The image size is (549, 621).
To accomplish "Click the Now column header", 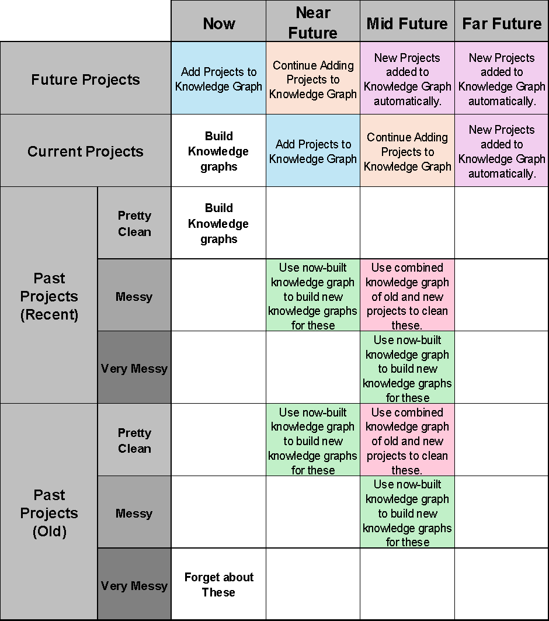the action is tap(218, 23).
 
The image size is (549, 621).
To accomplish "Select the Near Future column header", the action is tap(312, 22).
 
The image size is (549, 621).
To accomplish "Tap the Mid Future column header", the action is tap(407, 23).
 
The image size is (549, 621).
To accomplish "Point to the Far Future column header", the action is tap(502, 23).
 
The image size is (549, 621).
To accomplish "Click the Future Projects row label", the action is tap(85, 79).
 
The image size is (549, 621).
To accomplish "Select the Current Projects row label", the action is tap(85, 151).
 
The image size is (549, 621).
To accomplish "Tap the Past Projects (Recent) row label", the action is tap(49, 296).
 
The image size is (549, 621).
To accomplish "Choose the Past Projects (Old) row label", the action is tap(49, 512).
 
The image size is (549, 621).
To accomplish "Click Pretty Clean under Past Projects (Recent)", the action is tap(134, 223).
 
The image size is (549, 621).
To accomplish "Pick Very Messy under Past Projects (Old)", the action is tap(134, 585).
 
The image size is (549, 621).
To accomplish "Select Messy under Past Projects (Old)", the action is tap(134, 513).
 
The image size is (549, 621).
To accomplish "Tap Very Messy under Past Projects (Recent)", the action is tap(134, 368).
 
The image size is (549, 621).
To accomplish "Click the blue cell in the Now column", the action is tap(218, 79).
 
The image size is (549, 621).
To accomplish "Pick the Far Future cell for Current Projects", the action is tap(502, 151).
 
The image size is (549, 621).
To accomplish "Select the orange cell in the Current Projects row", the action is tap(407, 151).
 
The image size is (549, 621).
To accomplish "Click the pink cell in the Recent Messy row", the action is tap(407, 296).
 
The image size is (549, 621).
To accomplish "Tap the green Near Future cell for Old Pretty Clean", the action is tap(312, 440).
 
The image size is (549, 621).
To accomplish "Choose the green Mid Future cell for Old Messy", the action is tap(407, 512).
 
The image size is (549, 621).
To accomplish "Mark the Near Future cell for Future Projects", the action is tap(312, 79).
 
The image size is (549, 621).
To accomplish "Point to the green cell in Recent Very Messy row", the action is tap(407, 368).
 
